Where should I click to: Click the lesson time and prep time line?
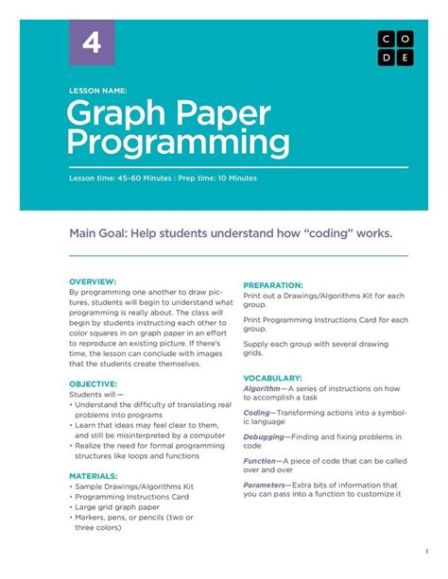tap(163, 178)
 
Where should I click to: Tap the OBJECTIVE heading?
tap(94, 384)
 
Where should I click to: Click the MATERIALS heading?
tap(94, 476)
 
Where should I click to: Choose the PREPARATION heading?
tap(273, 284)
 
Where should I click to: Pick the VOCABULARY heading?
tap(272, 376)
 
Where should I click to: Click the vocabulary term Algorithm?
tap(262, 388)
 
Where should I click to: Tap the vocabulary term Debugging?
tap(264, 436)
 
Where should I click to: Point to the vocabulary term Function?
tap(260, 461)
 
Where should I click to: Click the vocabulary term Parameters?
tap(267, 485)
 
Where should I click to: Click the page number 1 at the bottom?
tap(427, 552)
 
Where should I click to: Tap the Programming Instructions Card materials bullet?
tap(131, 497)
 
